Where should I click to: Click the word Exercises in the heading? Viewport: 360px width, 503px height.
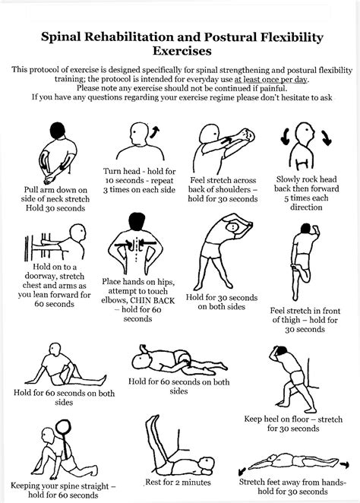179,51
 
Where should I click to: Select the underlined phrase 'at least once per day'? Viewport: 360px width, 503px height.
282,78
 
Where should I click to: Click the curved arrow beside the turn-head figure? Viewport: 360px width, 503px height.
157,131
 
